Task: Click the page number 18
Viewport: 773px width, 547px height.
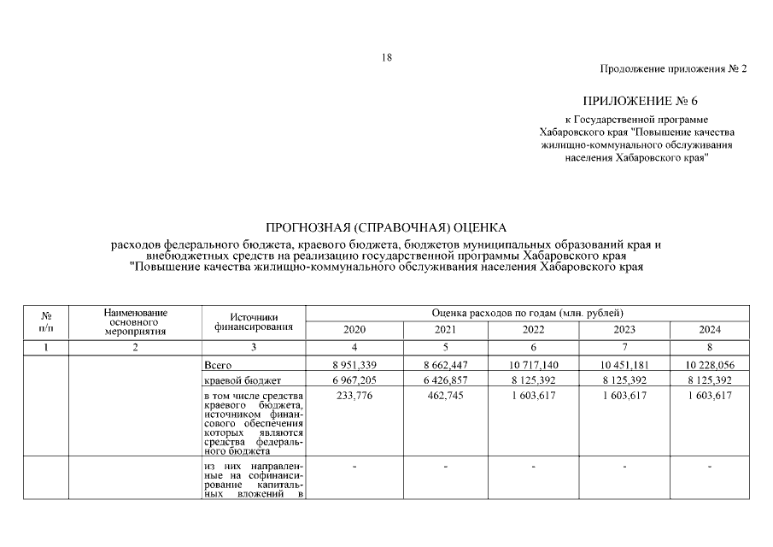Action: point(387,57)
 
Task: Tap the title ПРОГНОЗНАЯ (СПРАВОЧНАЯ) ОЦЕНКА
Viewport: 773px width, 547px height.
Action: point(386,227)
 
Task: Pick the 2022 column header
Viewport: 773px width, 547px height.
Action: point(533,330)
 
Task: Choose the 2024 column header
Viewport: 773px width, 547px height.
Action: point(709,330)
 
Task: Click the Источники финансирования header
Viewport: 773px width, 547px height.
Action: point(254,321)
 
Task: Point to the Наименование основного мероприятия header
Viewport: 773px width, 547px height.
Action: point(135,321)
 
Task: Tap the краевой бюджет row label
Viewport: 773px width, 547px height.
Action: point(238,379)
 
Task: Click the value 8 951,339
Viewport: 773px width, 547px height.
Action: point(353,365)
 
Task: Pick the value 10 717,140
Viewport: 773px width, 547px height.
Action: point(532,365)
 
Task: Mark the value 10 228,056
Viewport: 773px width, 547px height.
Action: point(709,365)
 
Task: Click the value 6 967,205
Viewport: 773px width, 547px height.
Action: point(353,379)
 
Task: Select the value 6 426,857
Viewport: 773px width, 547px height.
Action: point(443,379)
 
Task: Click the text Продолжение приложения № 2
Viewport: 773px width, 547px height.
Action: point(674,68)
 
